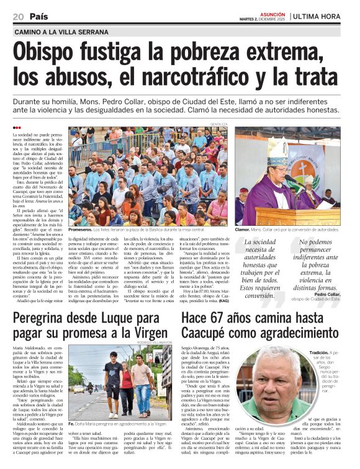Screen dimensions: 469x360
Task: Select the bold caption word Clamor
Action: pos(242,229)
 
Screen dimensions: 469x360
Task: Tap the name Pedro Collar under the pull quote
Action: pos(327,294)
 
